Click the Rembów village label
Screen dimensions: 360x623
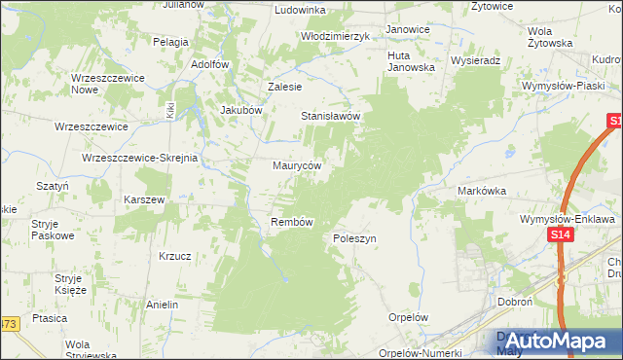[x=291, y=222]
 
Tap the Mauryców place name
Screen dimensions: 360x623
[x=297, y=165]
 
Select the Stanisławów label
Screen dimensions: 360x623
[x=330, y=116]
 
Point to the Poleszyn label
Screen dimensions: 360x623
[x=354, y=238]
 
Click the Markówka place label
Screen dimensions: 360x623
[x=482, y=192]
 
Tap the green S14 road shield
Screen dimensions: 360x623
[x=559, y=236]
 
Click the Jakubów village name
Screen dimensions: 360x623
[x=242, y=110]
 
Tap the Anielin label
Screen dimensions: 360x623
[x=162, y=305]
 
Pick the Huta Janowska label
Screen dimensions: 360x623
[x=411, y=61]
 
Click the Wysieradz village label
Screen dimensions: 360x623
[x=475, y=59]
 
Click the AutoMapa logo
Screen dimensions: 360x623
[x=552, y=342]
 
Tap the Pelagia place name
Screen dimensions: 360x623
[x=170, y=42]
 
